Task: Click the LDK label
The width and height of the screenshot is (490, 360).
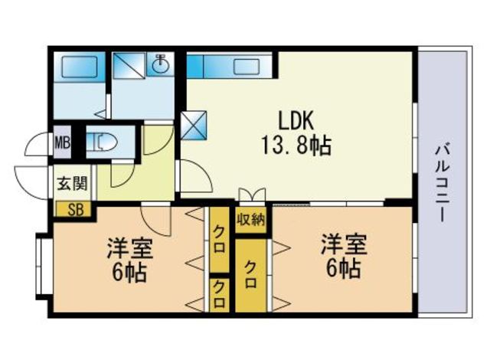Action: tap(296, 120)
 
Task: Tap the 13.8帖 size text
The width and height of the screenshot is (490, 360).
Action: tap(296, 146)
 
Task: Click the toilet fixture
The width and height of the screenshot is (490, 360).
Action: tap(101, 142)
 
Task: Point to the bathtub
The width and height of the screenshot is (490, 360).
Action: tap(79, 67)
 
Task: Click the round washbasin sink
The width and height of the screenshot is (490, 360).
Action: tap(161, 64)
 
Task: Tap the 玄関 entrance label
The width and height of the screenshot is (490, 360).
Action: tap(72, 183)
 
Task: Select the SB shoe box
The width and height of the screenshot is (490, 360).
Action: tap(73, 209)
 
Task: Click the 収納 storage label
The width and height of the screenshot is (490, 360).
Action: tap(250, 221)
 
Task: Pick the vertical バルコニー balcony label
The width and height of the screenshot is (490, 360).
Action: tap(443, 183)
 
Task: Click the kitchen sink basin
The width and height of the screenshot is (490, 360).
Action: tap(247, 67)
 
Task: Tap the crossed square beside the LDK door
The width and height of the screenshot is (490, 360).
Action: tap(194, 126)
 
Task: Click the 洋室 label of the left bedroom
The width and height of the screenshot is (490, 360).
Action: tap(129, 248)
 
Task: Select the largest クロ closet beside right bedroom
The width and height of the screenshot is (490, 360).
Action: tap(251, 275)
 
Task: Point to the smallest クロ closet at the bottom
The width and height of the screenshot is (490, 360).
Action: tap(220, 294)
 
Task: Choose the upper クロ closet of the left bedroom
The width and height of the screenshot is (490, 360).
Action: tap(220, 240)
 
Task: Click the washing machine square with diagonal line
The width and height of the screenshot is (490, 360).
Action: tap(129, 65)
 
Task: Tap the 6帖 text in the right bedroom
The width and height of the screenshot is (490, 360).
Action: tap(344, 268)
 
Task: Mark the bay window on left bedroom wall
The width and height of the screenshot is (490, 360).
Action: tap(41, 267)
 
